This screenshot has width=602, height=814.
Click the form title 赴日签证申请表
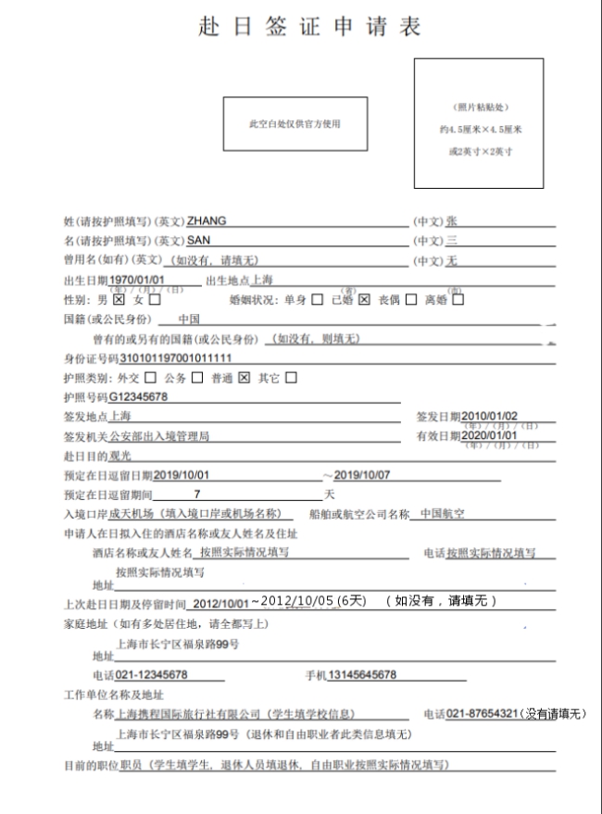point(309,27)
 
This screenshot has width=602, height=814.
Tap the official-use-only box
point(294,123)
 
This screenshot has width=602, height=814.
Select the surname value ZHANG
point(207,221)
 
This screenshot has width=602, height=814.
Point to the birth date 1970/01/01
point(136,280)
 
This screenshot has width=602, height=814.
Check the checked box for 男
point(119,300)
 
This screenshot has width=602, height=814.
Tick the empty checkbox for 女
point(155,300)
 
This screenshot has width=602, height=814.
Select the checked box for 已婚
point(365,300)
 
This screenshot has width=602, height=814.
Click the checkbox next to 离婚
point(458,300)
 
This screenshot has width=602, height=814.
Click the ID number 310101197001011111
point(176,358)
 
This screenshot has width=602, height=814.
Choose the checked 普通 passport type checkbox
point(245,378)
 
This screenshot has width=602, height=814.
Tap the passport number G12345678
point(139,397)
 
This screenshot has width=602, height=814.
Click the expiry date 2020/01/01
point(489,436)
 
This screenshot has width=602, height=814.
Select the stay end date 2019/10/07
point(364,475)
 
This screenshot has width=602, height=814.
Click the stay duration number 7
point(196,495)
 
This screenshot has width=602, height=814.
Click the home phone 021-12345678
point(153,674)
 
